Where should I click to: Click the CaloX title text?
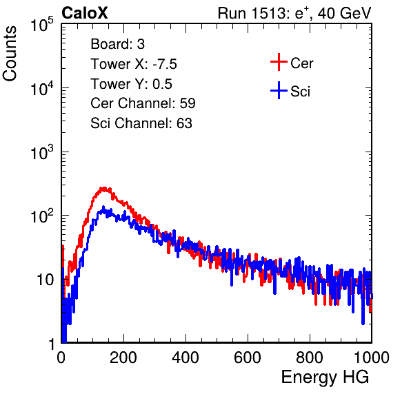coord(85,13)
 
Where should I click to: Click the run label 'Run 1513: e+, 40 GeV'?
coord(294,13)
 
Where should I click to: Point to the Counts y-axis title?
coord(10,54)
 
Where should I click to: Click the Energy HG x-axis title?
coord(325,377)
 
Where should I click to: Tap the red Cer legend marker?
coord(279,62)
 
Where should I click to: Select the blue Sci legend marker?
coord(279,90)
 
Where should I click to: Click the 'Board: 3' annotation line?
coord(117,44)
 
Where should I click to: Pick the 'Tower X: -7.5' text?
coord(134,64)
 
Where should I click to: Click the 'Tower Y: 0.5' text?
coord(131,84)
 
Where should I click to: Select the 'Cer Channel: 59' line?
coord(143,103)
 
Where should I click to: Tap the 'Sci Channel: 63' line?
coord(141,123)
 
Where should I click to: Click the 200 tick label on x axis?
coord(123,357)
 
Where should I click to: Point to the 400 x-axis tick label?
coord(186,357)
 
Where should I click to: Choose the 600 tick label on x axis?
coord(248,357)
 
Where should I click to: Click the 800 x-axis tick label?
coord(310,357)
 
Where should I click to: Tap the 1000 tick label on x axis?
coord(372,357)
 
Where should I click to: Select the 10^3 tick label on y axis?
coord(42,152)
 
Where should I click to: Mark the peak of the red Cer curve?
coord(104,188)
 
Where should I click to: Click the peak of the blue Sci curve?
coord(103,207)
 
